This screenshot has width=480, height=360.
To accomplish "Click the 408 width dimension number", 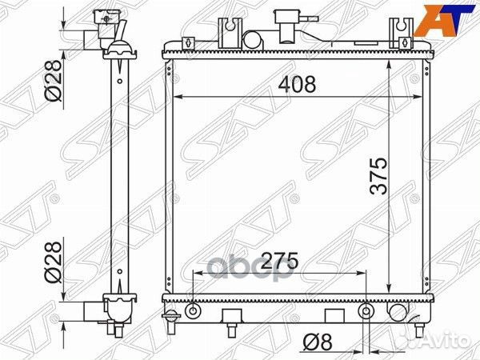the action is (297, 84).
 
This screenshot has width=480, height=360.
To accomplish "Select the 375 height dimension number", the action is (378, 176).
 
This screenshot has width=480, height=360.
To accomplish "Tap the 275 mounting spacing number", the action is (280, 261).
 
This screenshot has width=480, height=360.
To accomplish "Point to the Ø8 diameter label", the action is (317, 342).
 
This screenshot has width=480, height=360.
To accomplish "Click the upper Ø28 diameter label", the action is (53, 80).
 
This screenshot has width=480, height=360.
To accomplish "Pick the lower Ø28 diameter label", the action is (53, 262).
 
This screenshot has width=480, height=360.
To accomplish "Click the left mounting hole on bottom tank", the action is (193, 311).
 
